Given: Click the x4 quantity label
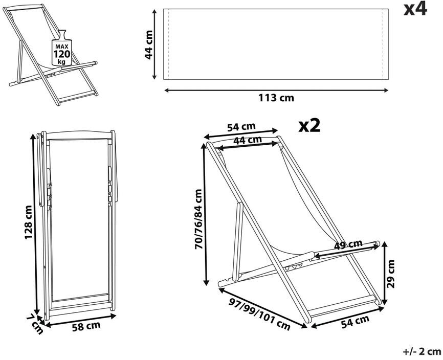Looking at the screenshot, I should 415,10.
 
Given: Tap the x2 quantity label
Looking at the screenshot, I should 309,126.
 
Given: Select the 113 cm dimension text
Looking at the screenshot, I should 276,98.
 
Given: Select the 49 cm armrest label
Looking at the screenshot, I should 348,244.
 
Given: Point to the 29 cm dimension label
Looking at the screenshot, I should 391,274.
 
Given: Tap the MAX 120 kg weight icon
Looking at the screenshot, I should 61,50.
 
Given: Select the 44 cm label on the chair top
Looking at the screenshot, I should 248,140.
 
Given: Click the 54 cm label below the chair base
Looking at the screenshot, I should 355,321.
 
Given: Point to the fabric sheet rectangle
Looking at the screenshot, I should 276,44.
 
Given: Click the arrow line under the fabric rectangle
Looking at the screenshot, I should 276,90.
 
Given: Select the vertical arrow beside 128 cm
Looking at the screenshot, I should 37,225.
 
